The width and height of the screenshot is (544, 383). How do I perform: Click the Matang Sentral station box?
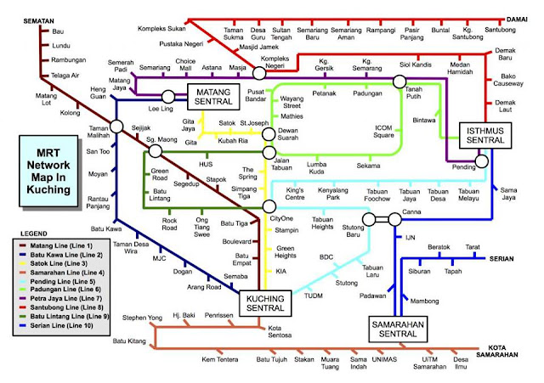(x=213, y=97)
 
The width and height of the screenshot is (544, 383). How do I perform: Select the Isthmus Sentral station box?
(x=485, y=136)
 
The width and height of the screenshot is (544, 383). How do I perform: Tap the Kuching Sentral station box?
(x=265, y=303)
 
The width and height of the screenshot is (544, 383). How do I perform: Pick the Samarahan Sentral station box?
(x=398, y=329)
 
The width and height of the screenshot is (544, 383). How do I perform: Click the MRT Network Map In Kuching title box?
(x=48, y=172)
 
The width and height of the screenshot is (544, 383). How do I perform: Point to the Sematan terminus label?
(x=38, y=21)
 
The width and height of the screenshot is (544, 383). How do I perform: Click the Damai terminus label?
(x=517, y=20)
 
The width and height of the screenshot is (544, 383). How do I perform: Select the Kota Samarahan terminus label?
(x=496, y=351)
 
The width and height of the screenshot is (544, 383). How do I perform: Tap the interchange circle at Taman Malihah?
(x=116, y=127)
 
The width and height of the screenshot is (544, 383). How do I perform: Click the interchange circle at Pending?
(x=482, y=161)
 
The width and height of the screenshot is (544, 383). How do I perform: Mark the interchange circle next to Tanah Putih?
(x=399, y=82)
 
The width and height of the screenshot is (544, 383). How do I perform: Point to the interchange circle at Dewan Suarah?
(x=269, y=134)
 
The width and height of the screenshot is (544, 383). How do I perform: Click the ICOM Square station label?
(x=383, y=132)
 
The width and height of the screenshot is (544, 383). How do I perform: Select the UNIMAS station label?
(x=384, y=359)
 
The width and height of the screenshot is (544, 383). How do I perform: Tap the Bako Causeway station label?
(x=508, y=80)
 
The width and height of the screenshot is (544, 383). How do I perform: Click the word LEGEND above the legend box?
(x=34, y=234)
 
